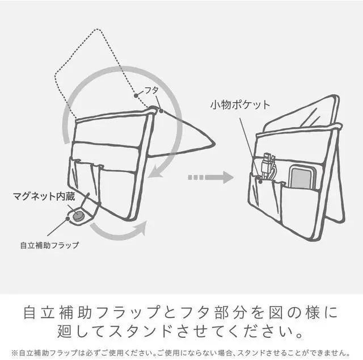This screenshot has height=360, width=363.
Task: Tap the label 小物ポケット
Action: [240, 105]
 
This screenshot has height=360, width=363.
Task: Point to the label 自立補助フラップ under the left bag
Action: [49, 245]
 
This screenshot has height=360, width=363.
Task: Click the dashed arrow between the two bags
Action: [210, 177]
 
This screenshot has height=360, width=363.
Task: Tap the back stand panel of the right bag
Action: [335, 170]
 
